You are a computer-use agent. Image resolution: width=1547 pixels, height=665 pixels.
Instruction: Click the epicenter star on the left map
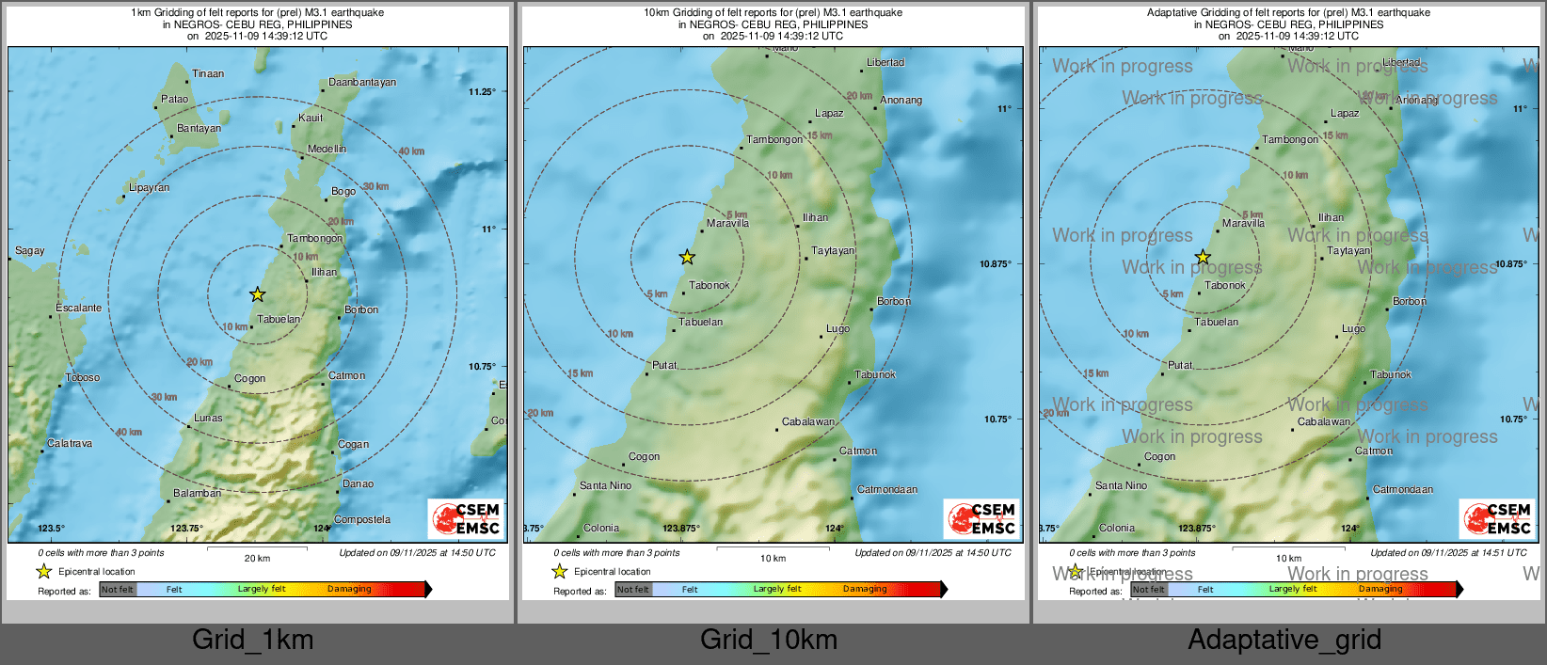tap(258, 294)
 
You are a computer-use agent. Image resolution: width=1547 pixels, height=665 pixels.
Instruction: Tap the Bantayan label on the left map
tap(199, 128)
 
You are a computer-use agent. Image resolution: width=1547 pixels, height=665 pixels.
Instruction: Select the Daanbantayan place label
tap(362, 82)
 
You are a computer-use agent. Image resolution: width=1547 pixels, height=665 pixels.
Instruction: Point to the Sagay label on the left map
tap(29, 250)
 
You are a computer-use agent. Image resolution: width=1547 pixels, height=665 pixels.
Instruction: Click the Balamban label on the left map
tap(197, 493)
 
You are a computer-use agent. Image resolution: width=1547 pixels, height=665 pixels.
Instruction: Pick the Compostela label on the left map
tap(361, 519)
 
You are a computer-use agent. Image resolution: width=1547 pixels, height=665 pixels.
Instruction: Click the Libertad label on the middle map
tap(885, 62)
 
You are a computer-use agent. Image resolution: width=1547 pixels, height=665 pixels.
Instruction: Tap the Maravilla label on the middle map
tap(727, 223)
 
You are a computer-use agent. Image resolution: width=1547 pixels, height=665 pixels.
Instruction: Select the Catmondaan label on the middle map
tap(886, 489)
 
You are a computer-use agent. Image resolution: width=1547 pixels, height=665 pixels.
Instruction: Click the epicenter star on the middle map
tap(687, 257)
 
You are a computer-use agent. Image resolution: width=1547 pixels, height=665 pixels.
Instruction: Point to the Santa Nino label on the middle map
tap(605, 485)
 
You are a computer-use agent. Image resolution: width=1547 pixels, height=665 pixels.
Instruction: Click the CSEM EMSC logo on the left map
tap(466, 518)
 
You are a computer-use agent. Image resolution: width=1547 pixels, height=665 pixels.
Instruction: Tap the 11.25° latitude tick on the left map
tap(482, 91)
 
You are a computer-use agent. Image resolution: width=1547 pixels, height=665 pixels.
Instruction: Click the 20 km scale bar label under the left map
tap(257, 558)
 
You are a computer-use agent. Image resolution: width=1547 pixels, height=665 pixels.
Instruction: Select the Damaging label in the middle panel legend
tap(864, 589)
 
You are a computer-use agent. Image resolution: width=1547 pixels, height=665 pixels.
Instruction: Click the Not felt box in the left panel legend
tap(118, 589)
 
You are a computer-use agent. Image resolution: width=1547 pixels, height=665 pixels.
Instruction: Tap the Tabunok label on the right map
tap(1390, 374)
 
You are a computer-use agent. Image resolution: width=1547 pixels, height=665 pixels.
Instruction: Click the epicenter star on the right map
tap(1203, 257)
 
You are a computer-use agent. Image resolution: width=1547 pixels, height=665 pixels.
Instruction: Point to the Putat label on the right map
tap(1180, 365)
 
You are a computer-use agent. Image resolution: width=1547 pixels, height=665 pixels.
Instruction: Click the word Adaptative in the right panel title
tap(1176, 12)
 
